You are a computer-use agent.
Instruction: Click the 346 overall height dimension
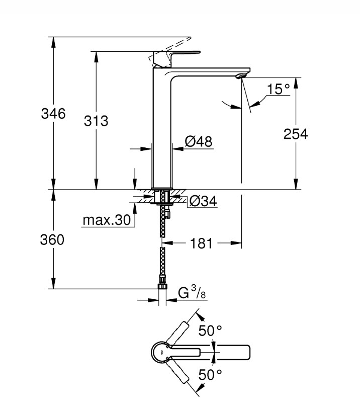tap(53, 114)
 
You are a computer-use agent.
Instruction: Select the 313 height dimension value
tap(96, 121)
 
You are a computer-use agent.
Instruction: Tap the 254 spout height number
tap(296, 134)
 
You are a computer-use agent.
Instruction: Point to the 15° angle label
tap(278, 90)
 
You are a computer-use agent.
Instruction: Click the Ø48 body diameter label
tap(199, 141)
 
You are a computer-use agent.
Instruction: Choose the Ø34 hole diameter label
tap(203, 201)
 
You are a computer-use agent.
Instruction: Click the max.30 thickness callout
tap(107, 220)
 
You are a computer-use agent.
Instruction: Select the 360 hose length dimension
tap(52, 239)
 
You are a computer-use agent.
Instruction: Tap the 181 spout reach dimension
tap(202, 243)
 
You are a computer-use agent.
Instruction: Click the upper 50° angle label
tap(210, 331)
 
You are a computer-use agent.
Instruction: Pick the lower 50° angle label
tap(210, 375)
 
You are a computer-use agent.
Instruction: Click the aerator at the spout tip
tap(241, 76)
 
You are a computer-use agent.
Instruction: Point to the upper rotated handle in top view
tap(177, 332)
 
